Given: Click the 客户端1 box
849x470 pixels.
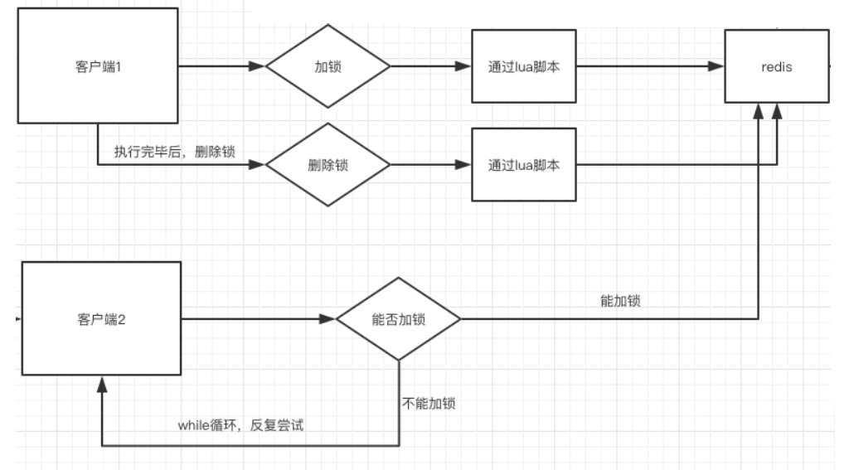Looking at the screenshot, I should tap(98, 65).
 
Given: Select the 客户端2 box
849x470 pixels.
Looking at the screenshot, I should tap(100, 318).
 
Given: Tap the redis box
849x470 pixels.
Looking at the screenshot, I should tap(776, 66).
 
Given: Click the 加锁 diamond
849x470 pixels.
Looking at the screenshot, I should tap(327, 66).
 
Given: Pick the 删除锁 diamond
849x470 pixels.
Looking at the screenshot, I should tap(327, 164).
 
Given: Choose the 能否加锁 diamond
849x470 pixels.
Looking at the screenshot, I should tap(399, 319).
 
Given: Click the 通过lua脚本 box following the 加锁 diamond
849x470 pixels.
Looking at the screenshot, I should tap(524, 66).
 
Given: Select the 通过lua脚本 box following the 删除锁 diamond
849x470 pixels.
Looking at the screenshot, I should tap(524, 164).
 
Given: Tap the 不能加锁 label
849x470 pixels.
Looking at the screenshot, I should tap(428, 405).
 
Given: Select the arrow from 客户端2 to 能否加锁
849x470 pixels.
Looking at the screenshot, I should tap(257, 319).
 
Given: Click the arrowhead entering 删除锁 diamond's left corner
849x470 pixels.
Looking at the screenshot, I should tap(259, 164).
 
